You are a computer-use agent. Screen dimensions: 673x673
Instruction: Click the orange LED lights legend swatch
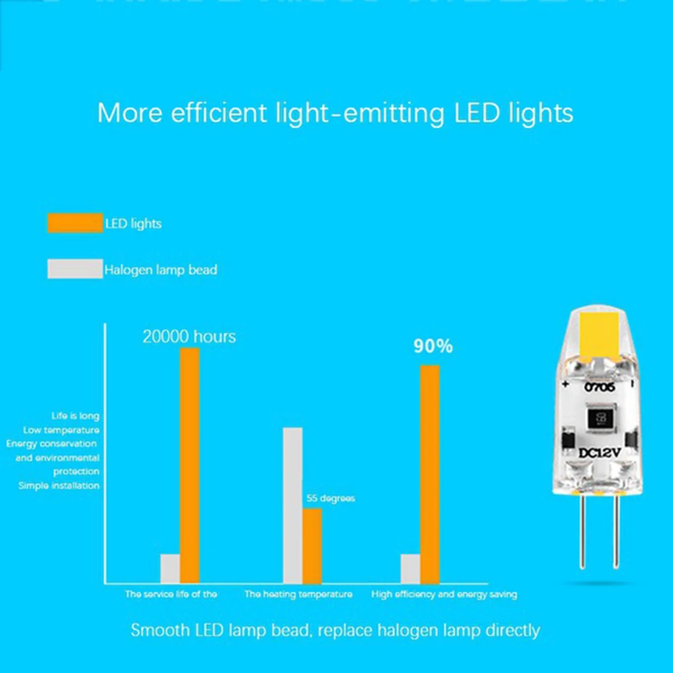75,223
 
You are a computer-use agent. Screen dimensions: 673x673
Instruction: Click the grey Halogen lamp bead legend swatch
75,269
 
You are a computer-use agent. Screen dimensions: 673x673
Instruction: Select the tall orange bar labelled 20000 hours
190,465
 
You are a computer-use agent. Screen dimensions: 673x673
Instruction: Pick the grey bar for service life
170,568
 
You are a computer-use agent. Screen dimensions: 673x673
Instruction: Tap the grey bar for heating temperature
292,504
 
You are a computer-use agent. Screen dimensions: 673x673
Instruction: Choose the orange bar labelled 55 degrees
312,545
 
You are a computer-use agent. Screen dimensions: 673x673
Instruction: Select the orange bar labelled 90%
430,474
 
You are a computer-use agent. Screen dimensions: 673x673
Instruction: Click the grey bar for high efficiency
410,568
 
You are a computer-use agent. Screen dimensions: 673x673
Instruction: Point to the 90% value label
433,347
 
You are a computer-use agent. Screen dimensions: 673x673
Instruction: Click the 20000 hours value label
189,337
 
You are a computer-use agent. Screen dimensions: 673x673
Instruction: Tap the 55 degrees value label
330,499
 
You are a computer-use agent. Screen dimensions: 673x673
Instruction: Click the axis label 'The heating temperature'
298,594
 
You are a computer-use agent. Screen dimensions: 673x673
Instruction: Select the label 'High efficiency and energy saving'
444,594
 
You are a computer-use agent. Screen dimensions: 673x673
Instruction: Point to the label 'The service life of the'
171,594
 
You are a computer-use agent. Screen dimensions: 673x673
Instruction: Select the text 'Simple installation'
59,485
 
